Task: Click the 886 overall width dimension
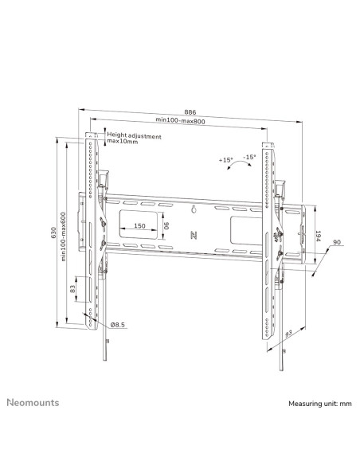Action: pyautogui.click(x=190, y=112)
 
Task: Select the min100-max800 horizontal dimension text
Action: pyautogui.click(x=180, y=120)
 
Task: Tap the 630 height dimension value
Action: pyautogui.click(x=53, y=232)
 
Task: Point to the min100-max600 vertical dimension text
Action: pyautogui.click(x=64, y=236)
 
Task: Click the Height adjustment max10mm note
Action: pyautogui.click(x=134, y=139)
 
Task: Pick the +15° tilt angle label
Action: pyautogui.click(x=225, y=160)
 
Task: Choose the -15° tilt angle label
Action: pyautogui.click(x=249, y=157)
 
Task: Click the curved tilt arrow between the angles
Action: pyautogui.click(x=239, y=163)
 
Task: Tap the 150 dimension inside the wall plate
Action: pyautogui.click(x=139, y=225)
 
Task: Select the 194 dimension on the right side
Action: pyautogui.click(x=318, y=236)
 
